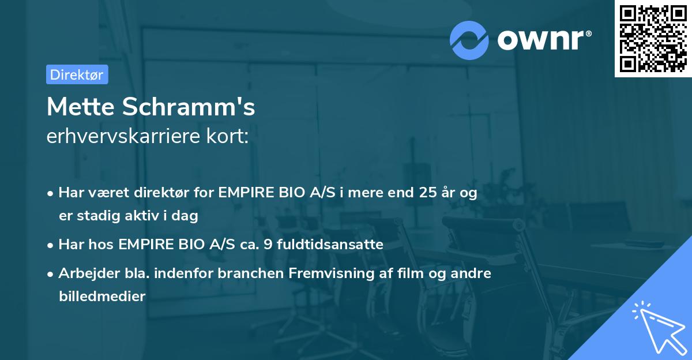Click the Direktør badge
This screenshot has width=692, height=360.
tap(77, 74)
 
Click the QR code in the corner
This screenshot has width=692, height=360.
tap(653, 38)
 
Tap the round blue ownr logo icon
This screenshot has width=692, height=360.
tap(469, 40)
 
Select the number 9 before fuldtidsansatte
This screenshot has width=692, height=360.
tap(268, 245)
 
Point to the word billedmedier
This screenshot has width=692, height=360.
tap(102, 296)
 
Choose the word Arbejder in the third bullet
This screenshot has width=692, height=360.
tap(84, 273)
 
